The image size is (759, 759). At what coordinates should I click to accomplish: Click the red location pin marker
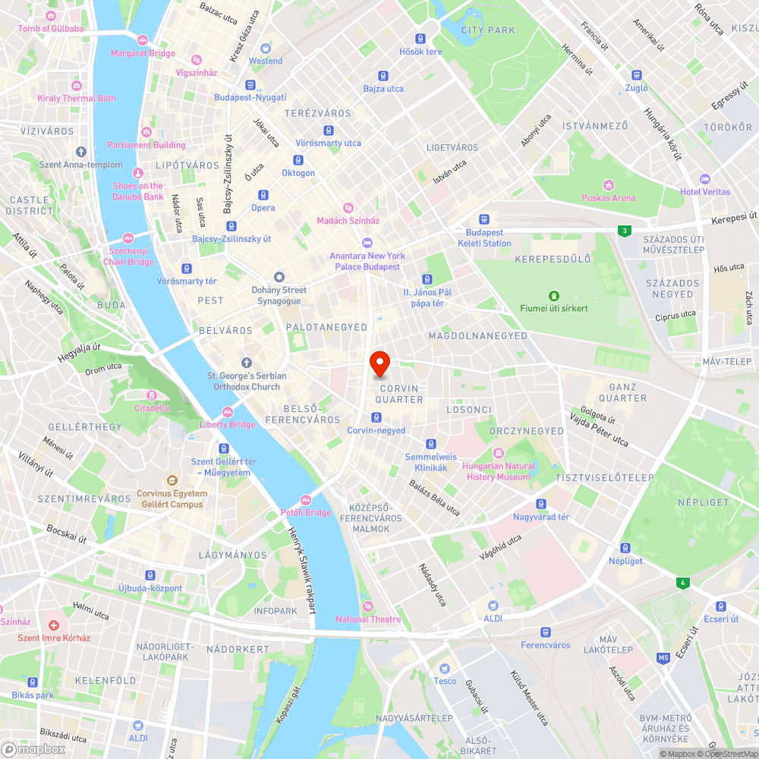coord(379,363)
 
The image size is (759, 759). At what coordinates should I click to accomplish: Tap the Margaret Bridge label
coord(143,53)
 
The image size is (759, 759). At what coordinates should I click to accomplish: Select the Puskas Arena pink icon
coord(608,185)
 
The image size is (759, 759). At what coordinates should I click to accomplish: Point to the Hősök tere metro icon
coord(420,39)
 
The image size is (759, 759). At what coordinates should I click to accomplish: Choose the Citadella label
coord(152,408)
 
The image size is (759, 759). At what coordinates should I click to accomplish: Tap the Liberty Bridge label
coord(228,424)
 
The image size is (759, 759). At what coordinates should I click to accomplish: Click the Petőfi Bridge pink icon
coord(306,499)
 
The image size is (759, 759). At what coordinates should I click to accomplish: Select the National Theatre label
coord(368,619)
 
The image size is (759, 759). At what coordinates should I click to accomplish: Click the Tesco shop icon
coord(445,668)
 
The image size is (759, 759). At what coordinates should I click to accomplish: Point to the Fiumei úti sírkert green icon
coord(554,295)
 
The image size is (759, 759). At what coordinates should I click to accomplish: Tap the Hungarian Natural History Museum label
coord(498,471)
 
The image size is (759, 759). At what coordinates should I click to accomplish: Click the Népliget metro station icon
coord(625,548)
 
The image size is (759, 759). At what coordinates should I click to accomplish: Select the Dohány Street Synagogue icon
coord(279,277)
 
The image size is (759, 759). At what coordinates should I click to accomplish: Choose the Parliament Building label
coord(146,145)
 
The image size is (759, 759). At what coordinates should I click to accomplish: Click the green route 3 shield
coord(624,230)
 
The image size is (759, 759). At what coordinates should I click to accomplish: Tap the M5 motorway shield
coord(663,657)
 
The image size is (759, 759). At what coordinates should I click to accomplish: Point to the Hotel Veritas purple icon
coord(705,178)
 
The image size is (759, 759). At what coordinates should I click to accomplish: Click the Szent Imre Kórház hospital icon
coord(54,625)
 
